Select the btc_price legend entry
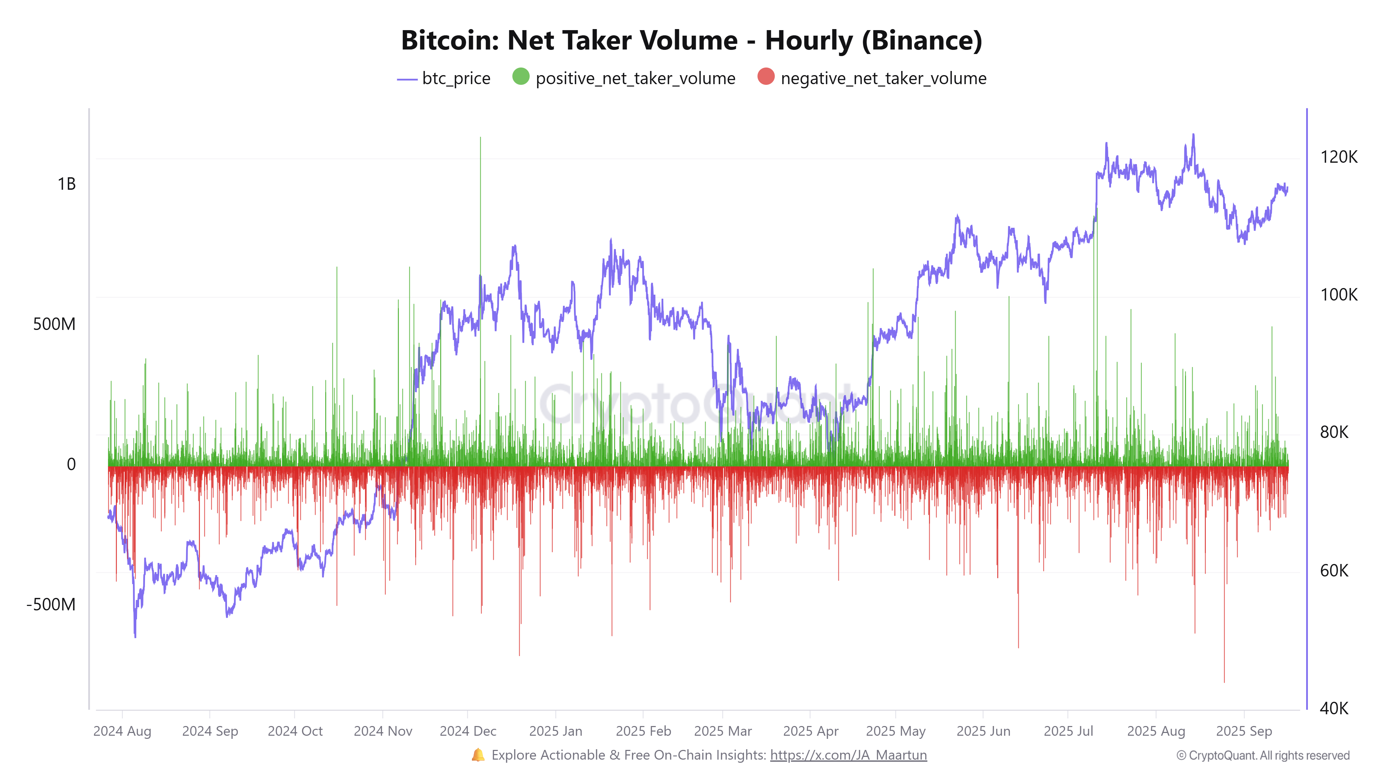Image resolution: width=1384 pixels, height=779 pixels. (x=444, y=79)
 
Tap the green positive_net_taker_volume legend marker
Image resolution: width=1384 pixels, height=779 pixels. (x=521, y=77)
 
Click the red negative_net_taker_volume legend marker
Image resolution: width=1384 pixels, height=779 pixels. (x=766, y=77)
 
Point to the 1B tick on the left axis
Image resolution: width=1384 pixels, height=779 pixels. (x=67, y=185)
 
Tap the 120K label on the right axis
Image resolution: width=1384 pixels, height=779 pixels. (x=1338, y=157)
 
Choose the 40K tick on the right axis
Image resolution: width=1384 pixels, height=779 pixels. (x=1334, y=708)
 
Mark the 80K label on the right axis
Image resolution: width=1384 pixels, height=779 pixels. (x=1334, y=432)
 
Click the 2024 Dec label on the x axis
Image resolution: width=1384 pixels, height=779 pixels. (x=467, y=731)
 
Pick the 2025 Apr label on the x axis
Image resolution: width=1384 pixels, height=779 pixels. (x=810, y=731)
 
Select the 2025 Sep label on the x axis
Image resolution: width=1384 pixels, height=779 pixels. (x=1244, y=731)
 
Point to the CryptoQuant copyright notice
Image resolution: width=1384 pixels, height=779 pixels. (x=1263, y=755)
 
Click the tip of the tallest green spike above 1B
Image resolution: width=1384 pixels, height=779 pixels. (x=480, y=138)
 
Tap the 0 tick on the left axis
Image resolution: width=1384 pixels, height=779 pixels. (x=71, y=465)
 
